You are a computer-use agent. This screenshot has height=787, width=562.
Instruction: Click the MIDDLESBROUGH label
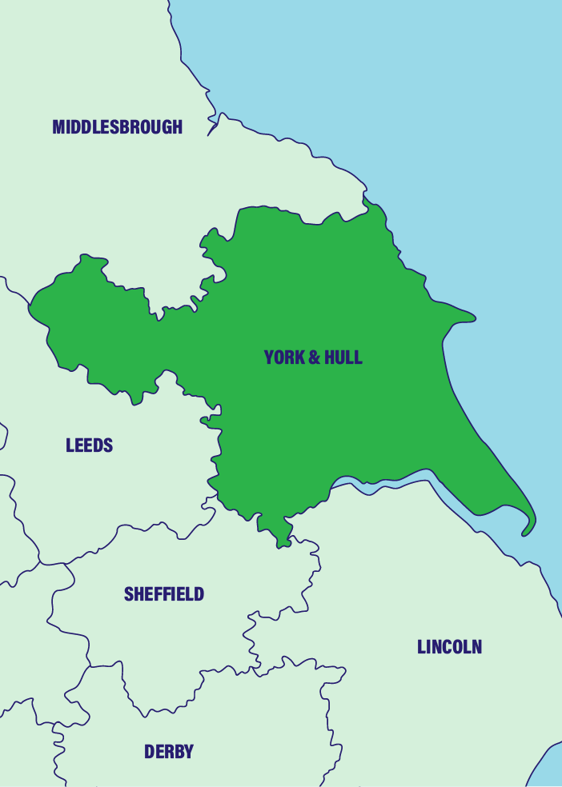click(117, 126)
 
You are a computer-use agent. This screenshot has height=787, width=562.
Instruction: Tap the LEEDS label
click(89, 445)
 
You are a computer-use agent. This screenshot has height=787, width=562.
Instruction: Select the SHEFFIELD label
click(163, 594)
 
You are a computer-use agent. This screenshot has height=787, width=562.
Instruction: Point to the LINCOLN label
click(449, 647)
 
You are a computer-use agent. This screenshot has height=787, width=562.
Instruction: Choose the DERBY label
click(168, 752)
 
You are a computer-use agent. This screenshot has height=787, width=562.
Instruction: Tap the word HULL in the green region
click(342, 358)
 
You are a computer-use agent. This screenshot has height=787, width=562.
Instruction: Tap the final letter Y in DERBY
click(189, 752)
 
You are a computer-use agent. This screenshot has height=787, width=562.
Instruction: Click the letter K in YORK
click(300, 358)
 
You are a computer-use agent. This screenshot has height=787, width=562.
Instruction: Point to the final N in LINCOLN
click(476, 647)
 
